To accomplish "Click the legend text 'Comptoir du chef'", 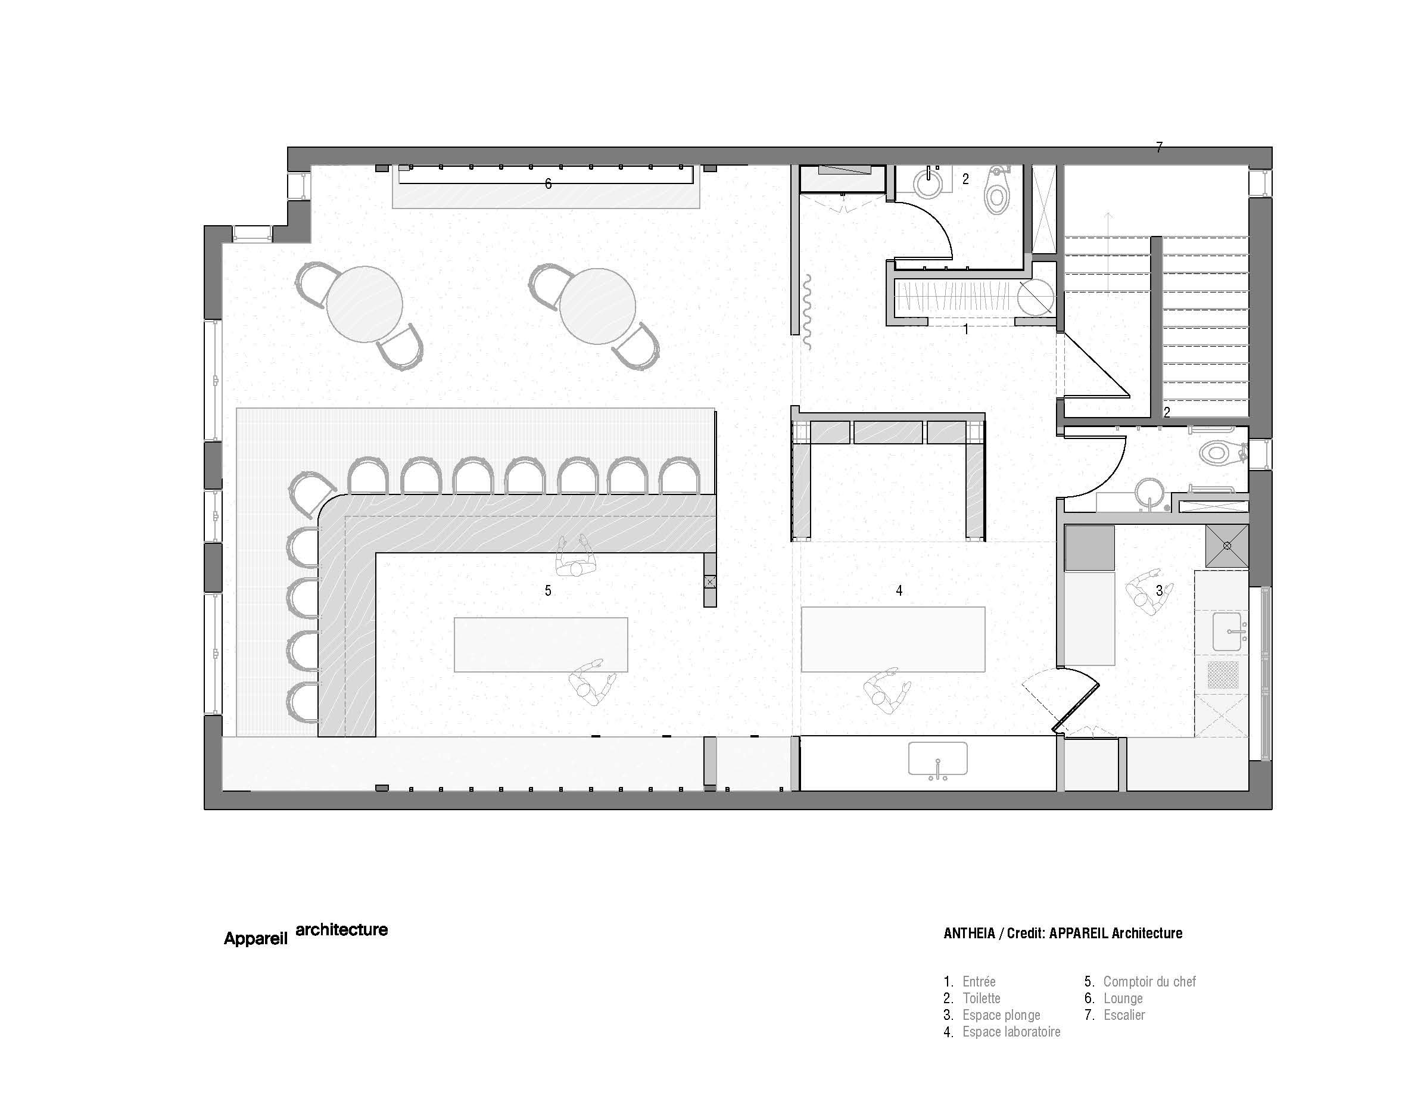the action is click(1149, 981).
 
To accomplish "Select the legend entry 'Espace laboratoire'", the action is click(1011, 1032).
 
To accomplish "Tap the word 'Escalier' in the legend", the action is click(1124, 1015).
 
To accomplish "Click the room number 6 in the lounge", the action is click(548, 184).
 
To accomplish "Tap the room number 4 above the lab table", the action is click(899, 590).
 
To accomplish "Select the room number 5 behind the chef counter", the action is click(548, 590).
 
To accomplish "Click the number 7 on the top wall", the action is click(1159, 148).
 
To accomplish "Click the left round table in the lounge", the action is click(364, 304).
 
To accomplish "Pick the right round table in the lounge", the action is click(597, 306).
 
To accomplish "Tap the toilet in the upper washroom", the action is click(997, 190).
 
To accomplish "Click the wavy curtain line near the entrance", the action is click(807, 312).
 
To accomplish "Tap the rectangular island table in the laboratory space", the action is click(893, 640).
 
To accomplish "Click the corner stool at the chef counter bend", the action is click(310, 493).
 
